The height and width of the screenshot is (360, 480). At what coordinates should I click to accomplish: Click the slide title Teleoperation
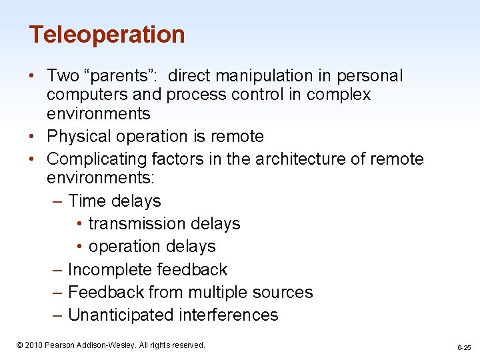[107, 34]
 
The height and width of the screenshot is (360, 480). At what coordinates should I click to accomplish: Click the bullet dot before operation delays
[79, 247]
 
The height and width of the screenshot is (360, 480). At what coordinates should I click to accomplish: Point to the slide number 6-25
[464, 347]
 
